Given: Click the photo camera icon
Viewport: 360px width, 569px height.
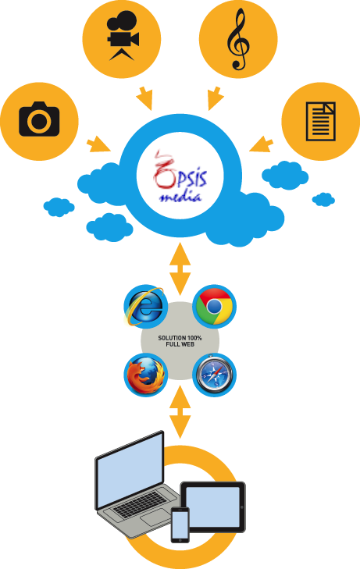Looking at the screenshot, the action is point(39,119).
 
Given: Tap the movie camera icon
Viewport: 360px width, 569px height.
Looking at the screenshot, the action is point(123,36).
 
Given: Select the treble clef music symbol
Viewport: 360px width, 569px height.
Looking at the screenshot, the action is point(238,39).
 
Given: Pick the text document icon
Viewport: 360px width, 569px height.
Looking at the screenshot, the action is point(321,121).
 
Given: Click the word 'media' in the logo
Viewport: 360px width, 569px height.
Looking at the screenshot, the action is point(180,197).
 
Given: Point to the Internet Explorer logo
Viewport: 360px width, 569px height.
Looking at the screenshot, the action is point(144,306).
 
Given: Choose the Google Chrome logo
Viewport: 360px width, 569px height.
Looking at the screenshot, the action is point(215,306).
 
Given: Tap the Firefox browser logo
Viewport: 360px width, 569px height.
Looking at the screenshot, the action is point(145,375).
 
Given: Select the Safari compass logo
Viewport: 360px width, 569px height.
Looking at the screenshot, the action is point(215,375).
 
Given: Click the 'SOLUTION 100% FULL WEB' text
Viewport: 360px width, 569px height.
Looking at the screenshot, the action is point(180,341).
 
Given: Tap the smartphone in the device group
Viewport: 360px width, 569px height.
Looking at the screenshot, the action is point(180,525).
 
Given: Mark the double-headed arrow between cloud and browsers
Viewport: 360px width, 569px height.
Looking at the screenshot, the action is point(180,269).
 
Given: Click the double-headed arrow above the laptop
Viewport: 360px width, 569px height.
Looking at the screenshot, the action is point(180,412).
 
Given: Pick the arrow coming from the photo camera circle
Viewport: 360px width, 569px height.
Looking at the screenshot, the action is point(98,144).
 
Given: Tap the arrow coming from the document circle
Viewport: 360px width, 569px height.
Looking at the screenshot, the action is point(262,144).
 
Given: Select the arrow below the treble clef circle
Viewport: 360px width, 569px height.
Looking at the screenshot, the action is point(216,98).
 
